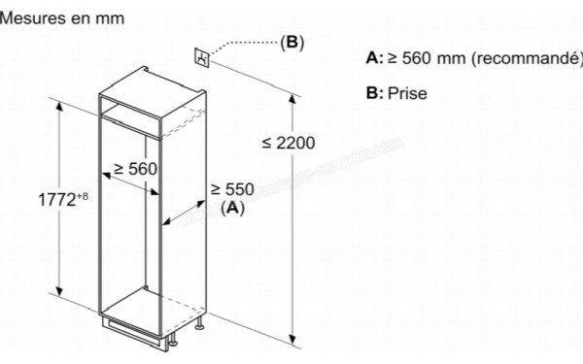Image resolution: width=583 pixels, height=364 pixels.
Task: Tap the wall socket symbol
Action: (201, 56)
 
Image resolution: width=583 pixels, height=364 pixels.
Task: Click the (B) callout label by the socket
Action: (291, 42)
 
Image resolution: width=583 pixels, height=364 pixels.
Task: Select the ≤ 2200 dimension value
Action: (289, 143)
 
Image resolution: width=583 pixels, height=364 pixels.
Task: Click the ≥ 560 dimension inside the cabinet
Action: (134, 169)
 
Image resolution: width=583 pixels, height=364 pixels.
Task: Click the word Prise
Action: (406, 95)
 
